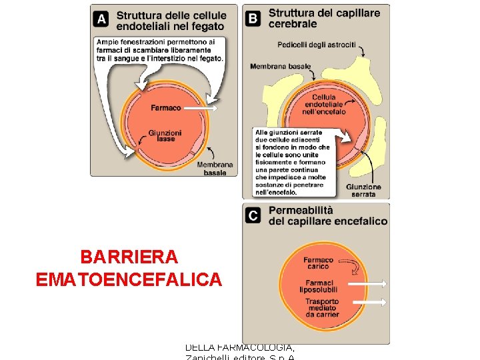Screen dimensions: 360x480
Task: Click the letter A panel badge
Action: coord(102,19)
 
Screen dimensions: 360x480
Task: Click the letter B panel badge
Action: coord(253,18)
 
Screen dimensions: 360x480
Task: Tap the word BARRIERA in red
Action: coord(129,257)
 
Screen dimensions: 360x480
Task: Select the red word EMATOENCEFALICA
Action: coord(129,279)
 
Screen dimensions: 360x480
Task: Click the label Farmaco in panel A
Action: coord(165,108)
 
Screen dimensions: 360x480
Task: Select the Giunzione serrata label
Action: coord(363,191)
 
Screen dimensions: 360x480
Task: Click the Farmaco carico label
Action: coord(318,263)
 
